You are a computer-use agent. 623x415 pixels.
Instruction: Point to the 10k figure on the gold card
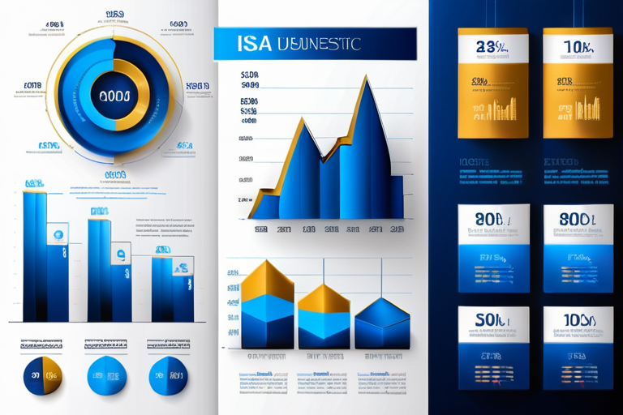578,47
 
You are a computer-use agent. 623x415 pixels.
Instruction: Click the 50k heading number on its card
492,320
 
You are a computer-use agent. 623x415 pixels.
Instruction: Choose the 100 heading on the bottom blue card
578,320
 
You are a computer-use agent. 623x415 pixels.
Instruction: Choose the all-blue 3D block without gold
382,324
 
